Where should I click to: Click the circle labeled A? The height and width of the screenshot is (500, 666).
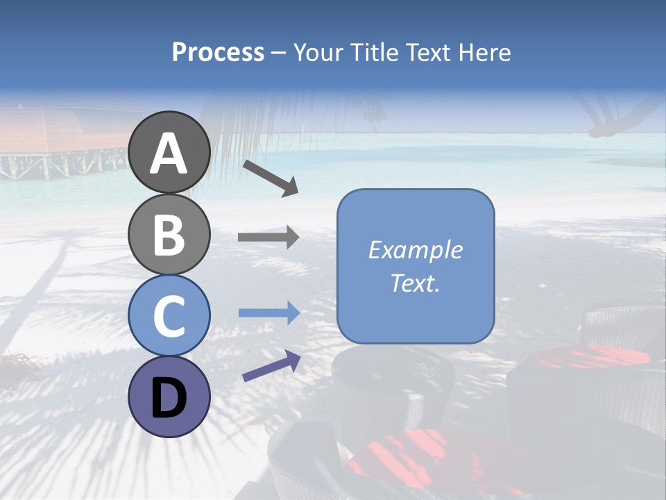(169, 152)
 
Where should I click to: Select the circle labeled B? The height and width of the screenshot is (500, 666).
(169, 234)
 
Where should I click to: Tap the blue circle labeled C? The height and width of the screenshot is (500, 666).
(169, 316)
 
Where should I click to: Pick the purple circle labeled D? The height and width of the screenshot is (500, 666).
(169, 397)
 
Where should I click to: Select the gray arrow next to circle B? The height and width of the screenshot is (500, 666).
(268, 237)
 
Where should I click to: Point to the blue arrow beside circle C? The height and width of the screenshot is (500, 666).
(268, 313)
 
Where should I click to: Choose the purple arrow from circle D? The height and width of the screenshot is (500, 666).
(271, 366)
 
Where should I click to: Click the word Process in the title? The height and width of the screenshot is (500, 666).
(218, 52)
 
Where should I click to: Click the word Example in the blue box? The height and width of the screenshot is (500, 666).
(416, 250)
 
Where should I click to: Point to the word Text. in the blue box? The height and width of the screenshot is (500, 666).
(416, 283)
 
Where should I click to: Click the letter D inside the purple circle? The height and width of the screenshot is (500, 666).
(169, 399)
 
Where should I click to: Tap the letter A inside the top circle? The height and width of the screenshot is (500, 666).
(169, 153)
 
